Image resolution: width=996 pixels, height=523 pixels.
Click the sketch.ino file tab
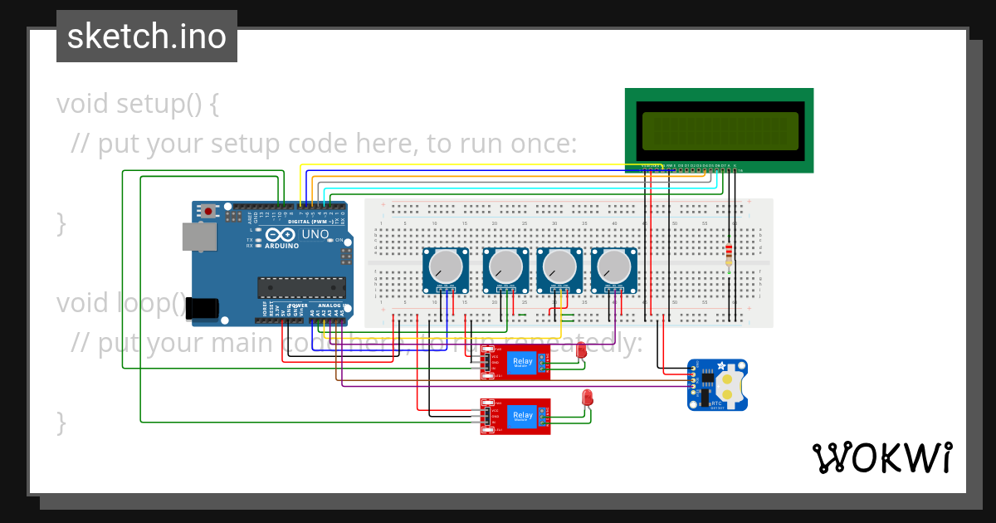tap(147, 37)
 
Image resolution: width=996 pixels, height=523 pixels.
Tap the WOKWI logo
tap(881, 458)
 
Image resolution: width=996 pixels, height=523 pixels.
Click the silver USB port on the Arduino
tap(199, 236)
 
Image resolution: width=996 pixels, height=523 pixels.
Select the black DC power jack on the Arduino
tap(202, 308)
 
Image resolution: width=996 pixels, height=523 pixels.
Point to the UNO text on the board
tap(315, 236)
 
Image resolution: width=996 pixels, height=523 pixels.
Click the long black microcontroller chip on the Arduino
tap(301, 287)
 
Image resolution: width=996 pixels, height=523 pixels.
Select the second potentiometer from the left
tap(505, 266)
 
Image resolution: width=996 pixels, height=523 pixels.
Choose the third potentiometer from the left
tap(559, 266)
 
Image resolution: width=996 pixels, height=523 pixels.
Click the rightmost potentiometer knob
tap(613, 266)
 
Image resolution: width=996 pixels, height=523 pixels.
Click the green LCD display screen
tap(720, 130)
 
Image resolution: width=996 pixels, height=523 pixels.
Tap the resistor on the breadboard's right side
tap(729, 254)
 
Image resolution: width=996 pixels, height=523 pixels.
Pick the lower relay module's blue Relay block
tap(523, 416)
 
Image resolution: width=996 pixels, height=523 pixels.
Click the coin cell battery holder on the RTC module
tap(728, 384)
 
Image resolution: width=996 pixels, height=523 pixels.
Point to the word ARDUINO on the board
tap(281, 246)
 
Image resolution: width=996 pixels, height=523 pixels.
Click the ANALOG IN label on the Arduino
tap(330, 305)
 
